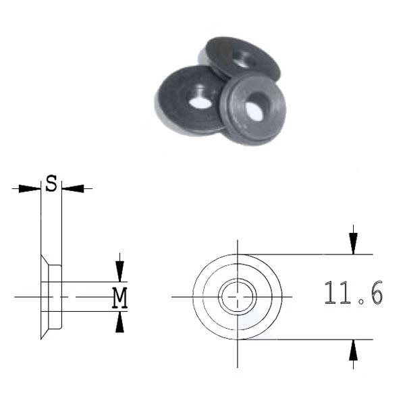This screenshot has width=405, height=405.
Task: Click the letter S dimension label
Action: pos(51,183)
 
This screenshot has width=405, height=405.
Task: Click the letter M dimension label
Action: pos(119,298)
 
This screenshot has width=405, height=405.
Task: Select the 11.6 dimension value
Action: pos(353,292)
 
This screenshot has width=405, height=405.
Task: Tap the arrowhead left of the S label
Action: pos(30,188)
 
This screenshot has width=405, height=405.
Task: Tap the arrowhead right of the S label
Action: pos(73,188)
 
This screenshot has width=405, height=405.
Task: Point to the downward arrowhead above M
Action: pos(119,271)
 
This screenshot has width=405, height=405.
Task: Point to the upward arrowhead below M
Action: pos(119,322)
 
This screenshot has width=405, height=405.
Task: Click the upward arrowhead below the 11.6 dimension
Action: pos(353,350)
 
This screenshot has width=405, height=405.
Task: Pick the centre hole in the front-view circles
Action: pos(238,297)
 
